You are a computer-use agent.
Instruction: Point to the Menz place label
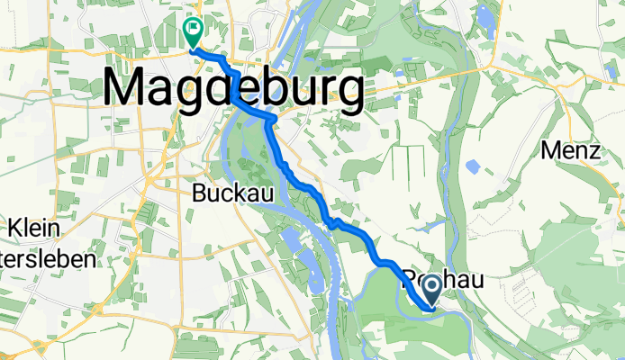tap(571, 150)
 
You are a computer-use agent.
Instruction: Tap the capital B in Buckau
tap(201, 192)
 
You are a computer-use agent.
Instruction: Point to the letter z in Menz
tap(593, 150)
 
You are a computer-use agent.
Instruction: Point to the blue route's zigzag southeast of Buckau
tap(332, 223)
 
